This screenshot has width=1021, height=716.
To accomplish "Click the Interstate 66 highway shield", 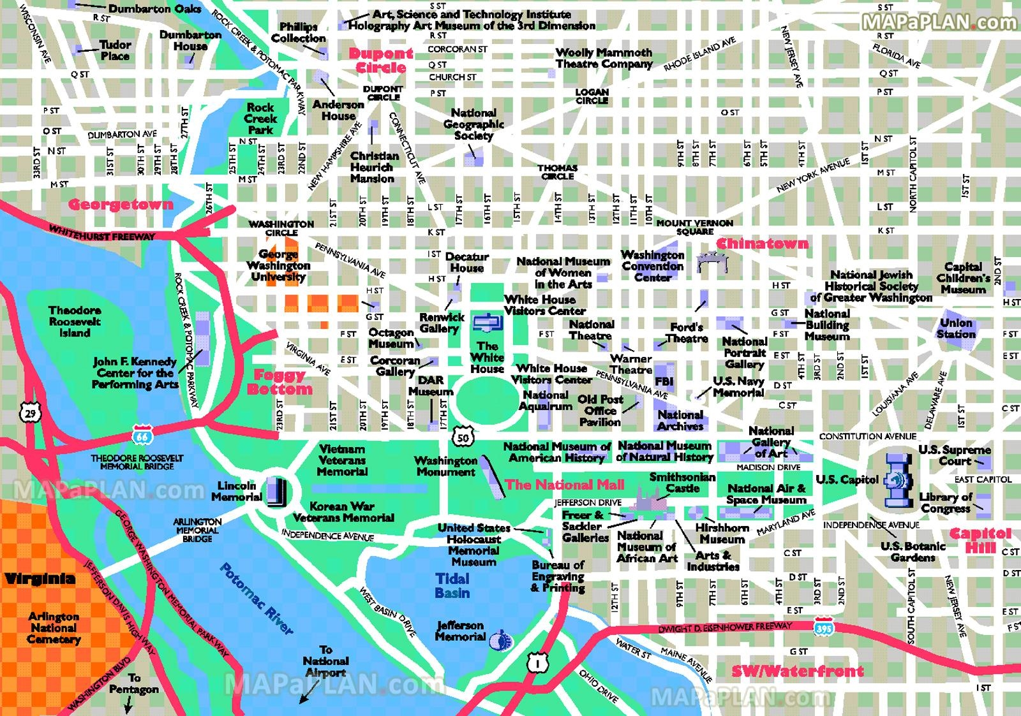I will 142,435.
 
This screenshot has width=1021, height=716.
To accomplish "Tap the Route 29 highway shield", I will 30,413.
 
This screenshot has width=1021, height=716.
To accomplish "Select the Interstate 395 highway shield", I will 823,627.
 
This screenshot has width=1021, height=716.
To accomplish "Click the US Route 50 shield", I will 463,437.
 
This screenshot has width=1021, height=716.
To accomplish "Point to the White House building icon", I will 487,323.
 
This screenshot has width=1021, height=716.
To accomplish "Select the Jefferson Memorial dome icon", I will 502,639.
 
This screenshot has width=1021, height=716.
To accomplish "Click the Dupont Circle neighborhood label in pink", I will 380,61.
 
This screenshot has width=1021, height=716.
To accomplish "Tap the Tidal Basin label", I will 452,586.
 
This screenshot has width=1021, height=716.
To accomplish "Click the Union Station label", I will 956,328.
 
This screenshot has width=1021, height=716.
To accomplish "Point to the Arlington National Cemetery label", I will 54,627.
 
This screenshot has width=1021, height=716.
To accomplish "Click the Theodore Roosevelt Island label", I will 75,321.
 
